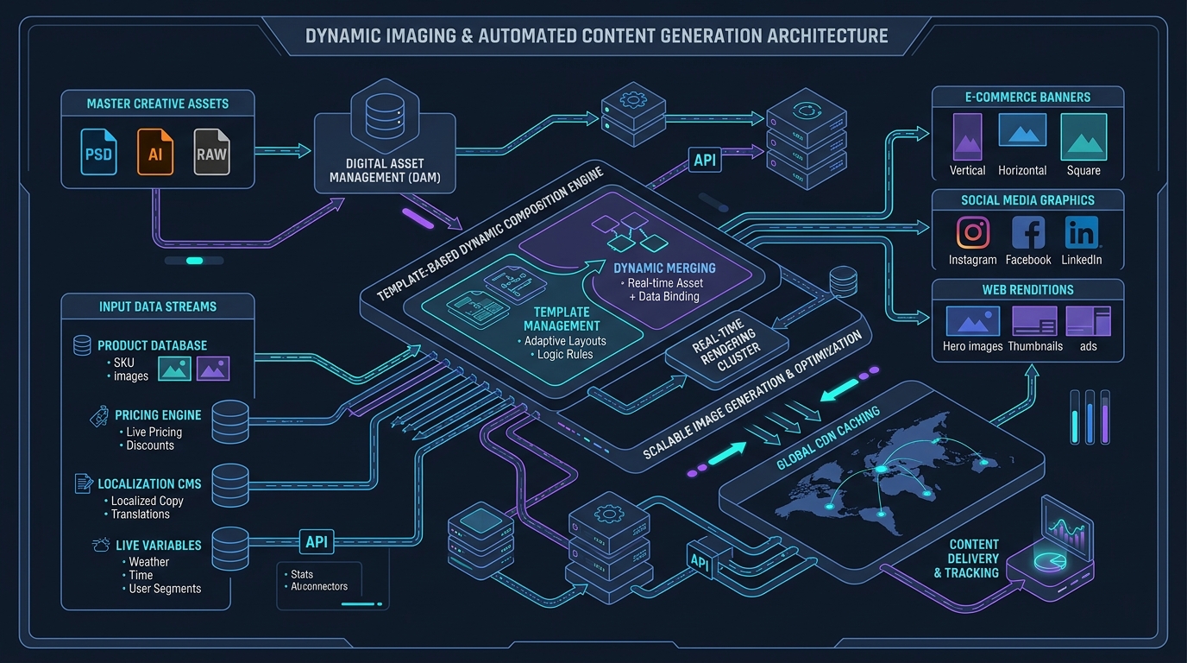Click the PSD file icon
coord(98,152)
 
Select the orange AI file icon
coord(155,152)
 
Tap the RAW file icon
coord(211,152)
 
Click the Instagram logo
coord(973,232)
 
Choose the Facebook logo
coord(1028,232)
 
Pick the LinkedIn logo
coord(1082,232)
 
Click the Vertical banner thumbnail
coord(968,137)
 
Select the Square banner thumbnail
coord(1083,137)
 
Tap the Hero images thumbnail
coord(973,321)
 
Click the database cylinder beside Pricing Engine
coord(230,422)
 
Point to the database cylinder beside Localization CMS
coord(230,485)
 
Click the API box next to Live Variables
coord(317,541)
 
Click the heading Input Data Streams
coord(158,306)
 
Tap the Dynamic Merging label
coord(664,268)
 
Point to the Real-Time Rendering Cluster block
coord(726,348)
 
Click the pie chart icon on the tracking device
coord(1051,561)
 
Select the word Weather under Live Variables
coord(149,562)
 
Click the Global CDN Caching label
coord(828,438)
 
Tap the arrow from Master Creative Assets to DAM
coord(282,151)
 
